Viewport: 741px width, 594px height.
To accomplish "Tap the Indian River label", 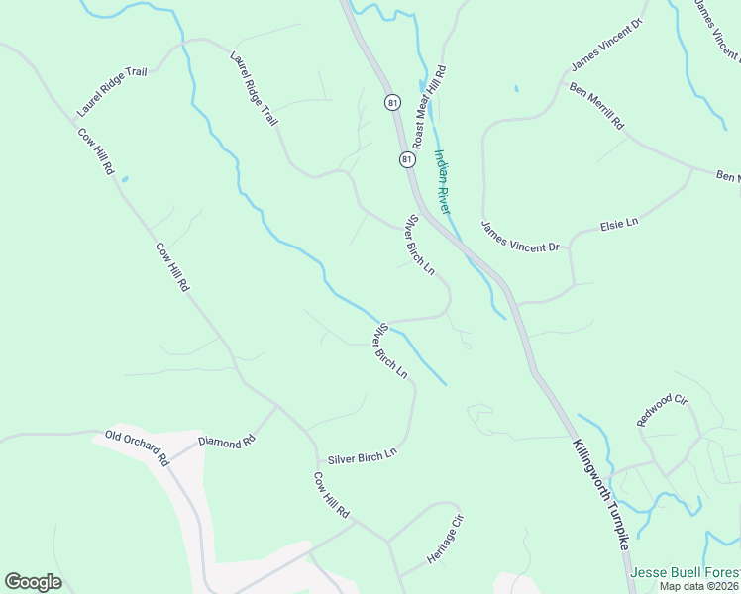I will (442, 182).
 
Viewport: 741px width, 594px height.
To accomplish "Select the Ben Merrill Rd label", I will (596, 107).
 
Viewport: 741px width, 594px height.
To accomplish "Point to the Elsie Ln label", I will (619, 226).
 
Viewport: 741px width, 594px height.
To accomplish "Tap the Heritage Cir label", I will (445, 540).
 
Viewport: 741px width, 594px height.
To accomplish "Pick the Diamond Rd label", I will (220, 443).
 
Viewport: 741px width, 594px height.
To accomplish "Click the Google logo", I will (33, 582).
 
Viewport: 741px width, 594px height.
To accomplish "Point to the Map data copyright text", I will (699, 586).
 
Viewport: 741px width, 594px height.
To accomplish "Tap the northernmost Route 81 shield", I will (393, 103).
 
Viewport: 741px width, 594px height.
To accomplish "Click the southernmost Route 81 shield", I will (407, 159).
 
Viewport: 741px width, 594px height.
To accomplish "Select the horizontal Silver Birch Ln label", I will (362, 456).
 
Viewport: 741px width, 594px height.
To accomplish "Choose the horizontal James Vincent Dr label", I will (520, 236).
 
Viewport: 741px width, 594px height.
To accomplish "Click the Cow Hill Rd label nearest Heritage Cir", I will (332, 497).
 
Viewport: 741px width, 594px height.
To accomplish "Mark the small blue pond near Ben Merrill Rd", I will (515, 88).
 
